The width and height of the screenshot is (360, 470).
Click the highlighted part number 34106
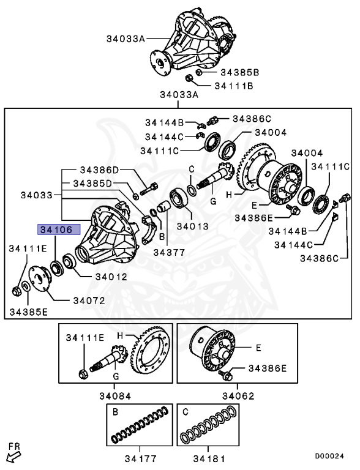[x=57, y=230]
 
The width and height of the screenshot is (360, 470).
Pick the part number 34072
[x=89, y=300]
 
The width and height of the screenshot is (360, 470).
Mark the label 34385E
[x=28, y=312]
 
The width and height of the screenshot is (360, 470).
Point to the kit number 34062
[x=238, y=396]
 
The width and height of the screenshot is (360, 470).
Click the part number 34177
[x=140, y=458]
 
